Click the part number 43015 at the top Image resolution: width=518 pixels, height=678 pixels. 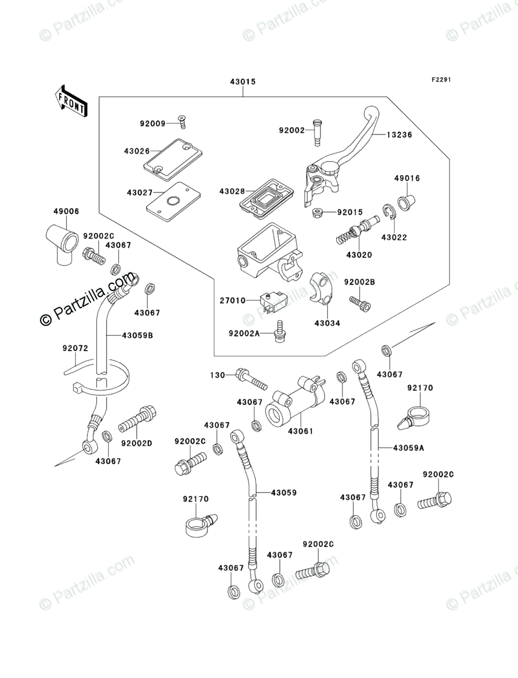(243, 82)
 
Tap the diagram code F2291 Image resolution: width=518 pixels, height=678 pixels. (441, 80)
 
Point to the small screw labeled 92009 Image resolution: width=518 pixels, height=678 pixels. (183, 122)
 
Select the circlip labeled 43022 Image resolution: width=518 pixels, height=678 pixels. (388, 213)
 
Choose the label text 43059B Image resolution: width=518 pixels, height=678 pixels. (137, 335)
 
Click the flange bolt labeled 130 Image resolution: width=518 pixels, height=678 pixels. (251, 378)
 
